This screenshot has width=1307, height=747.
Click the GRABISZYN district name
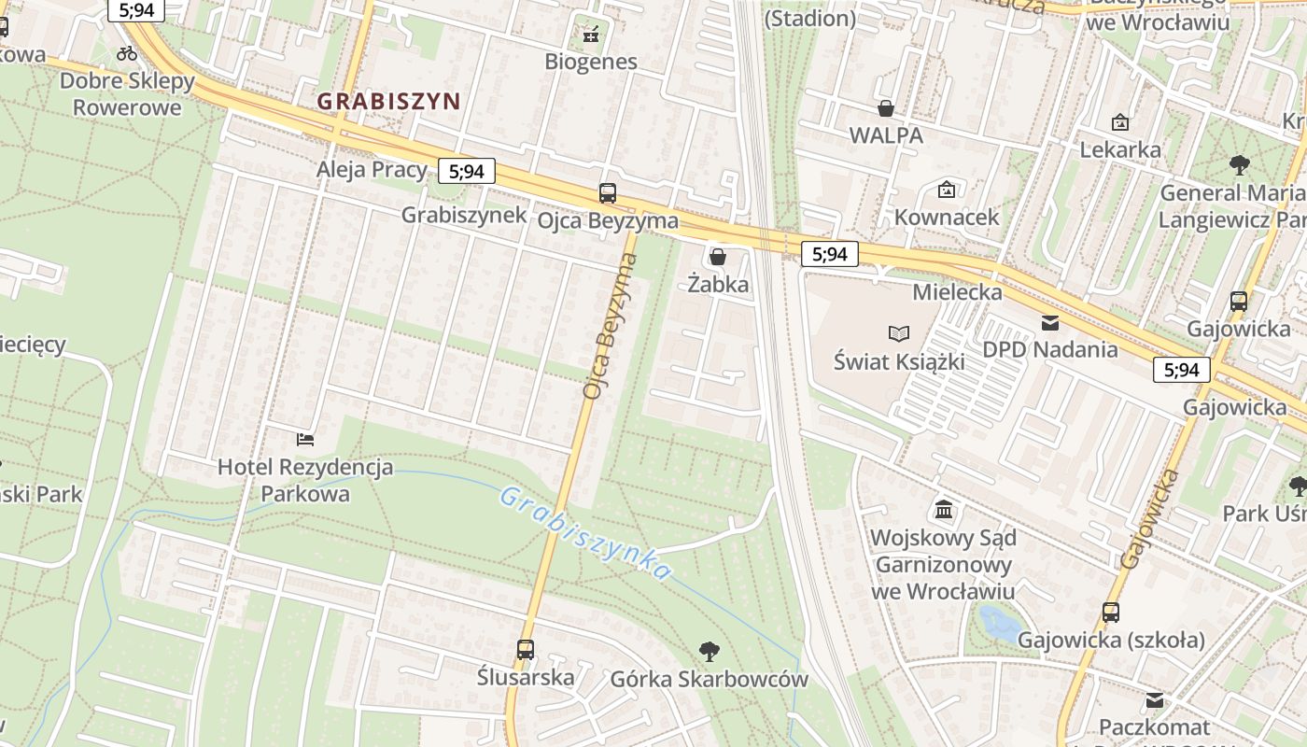(x=388, y=101)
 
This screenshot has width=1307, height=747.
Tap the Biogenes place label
(x=591, y=62)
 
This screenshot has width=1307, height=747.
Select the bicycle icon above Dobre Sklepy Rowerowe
(x=127, y=53)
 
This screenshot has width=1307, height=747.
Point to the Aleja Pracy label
(x=372, y=169)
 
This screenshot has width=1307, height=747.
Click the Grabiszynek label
(x=464, y=215)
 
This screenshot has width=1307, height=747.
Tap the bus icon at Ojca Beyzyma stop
(x=608, y=193)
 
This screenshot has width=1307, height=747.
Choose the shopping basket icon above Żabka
(x=718, y=256)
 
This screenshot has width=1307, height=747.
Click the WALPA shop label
(x=886, y=134)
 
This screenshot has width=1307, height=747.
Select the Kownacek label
(x=947, y=217)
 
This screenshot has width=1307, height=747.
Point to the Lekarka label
(x=1120, y=148)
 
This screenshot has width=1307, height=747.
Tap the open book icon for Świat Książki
(x=899, y=333)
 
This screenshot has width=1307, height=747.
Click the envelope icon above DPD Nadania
(x=1050, y=323)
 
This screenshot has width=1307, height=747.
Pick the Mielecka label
(x=958, y=291)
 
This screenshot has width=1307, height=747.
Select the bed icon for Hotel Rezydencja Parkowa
(x=305, y=439)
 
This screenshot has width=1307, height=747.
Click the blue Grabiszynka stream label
(x=584, y=532)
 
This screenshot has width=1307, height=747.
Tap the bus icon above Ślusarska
(x=526, y=649)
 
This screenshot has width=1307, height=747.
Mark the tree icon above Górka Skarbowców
(x=710, y=652)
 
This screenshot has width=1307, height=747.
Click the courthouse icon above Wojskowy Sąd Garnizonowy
(x=944, y=511)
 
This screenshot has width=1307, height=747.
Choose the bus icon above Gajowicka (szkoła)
(x=1111, y=613)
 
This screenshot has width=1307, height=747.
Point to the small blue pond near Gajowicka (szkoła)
(x=1000, y=623)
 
